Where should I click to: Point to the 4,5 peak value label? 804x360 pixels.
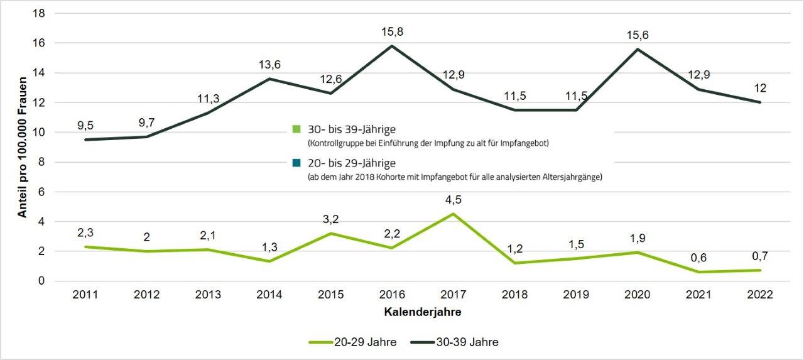(454, 200)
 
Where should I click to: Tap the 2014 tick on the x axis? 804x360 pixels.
(269, 294)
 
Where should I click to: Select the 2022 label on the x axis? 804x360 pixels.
(760, 294)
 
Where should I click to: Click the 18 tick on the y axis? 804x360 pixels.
(41, 13)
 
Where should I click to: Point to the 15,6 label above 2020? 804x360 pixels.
(637, 35)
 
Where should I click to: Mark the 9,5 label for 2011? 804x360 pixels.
(85, 124)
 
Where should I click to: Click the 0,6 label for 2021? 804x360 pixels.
(698, 258)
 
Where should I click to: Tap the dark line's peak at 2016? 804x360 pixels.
(392, 46)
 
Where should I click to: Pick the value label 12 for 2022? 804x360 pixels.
(760, 88)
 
